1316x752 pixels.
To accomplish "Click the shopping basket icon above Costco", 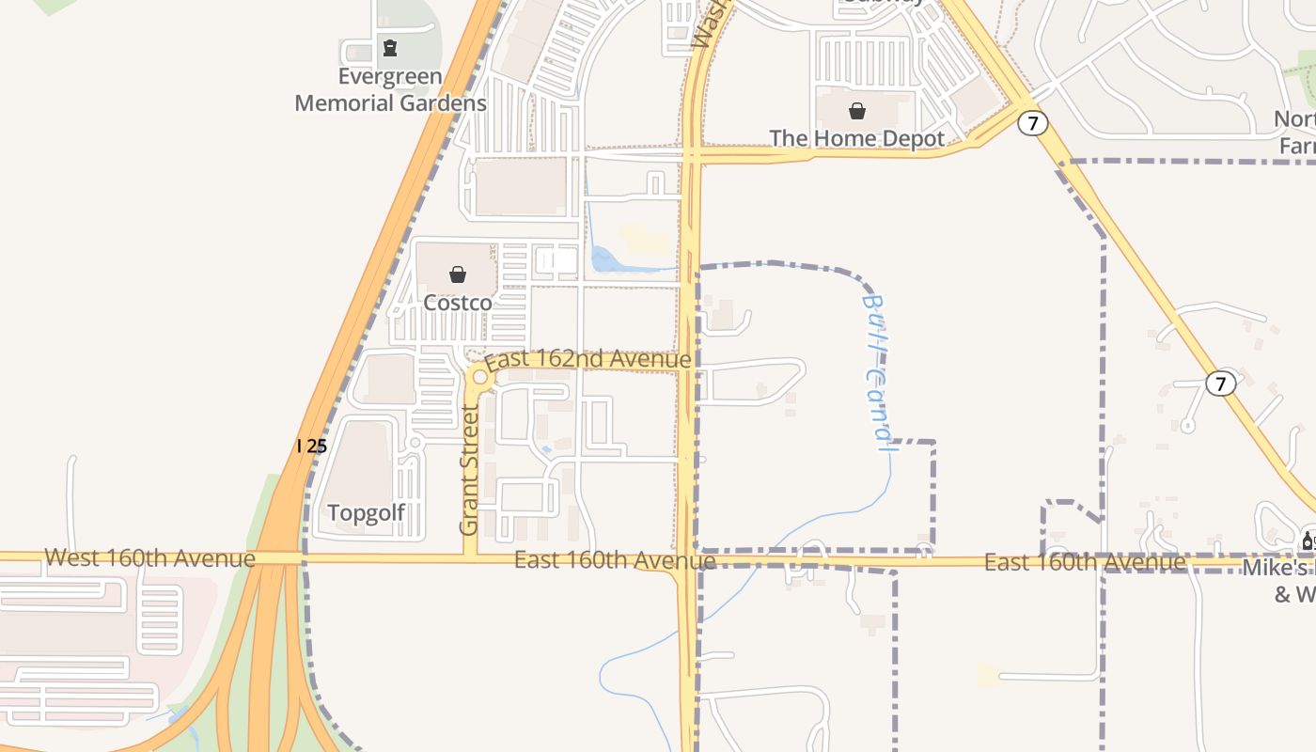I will coord(458,274).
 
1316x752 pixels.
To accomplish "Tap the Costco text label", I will coord(458,303).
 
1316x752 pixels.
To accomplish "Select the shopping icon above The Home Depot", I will coord(857,111).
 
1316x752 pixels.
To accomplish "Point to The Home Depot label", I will coord(857,139).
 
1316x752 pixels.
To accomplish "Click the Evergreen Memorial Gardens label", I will coord(390,90).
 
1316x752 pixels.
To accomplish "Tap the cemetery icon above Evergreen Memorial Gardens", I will coord(390,47).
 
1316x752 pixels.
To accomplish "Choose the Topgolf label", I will coord(367,513).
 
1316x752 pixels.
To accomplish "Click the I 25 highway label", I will coord(311,446).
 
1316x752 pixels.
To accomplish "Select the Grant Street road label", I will coord(469,470).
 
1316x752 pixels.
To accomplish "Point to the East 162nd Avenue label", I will coord(588,360).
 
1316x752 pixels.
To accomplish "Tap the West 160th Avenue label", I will coord(150,558).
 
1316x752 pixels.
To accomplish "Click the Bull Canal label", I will coord(875,372).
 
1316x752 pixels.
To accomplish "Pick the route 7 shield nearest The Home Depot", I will coord(1032,123).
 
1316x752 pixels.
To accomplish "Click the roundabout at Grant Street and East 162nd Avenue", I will coord(480,377).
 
